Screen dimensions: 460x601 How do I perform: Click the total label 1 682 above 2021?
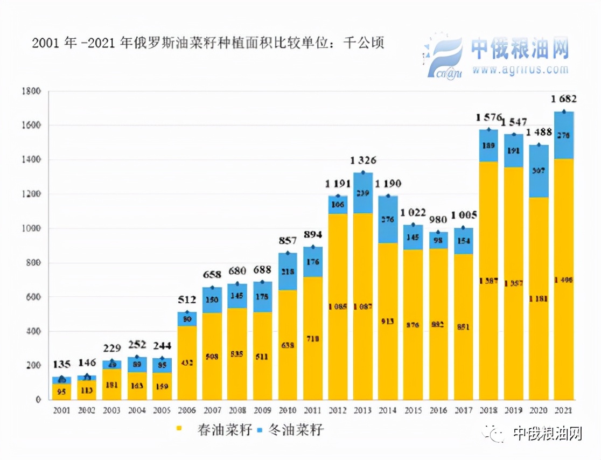[563, 99]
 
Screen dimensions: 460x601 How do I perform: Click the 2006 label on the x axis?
[187, 410]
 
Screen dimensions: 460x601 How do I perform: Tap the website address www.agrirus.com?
[520, 69]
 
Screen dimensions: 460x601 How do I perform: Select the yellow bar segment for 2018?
[488, 280]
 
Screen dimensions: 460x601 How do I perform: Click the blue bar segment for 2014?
[388, 220]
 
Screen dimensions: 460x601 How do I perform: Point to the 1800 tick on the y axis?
[31, 91]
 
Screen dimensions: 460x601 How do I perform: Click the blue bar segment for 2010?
[288, 272]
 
